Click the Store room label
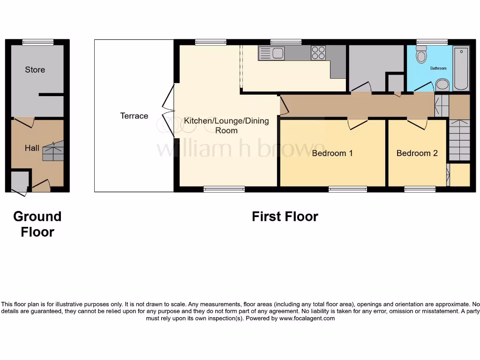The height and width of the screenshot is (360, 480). click(x=35, y=70)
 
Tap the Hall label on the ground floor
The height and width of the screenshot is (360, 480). click(x=32, y=148)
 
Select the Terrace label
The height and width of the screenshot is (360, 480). click(x=134, y=116)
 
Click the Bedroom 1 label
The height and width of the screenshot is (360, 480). click(x=332, y=153)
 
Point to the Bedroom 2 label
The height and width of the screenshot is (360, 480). click(x=417, y=153)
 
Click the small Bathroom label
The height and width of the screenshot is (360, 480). click(x=438, y=68)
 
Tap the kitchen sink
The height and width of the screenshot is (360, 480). click(x=271, y=53)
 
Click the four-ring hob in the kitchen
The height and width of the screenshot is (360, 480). click(x=318, y=52)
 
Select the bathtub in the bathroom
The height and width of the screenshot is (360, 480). click(x=461, y=68)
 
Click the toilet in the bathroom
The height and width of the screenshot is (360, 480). click(x=421, y=55)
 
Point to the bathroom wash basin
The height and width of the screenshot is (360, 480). click(x=442, y=85)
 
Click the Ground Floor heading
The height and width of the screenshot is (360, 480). click(x=37, y=224)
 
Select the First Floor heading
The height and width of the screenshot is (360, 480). click(x=285, y=217)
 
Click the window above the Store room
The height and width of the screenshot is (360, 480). click(x=37, y=42)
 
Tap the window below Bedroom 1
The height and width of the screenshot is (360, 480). click(x=347, y=189)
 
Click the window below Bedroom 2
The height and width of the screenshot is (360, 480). click(x=420, y=189)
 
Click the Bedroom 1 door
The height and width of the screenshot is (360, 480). click(x=357, y=124)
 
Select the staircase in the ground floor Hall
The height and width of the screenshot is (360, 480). click(x=52, y=151)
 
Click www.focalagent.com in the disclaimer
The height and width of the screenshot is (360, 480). click(x=307, y=318)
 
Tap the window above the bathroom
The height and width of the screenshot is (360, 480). click(x=432, y=42)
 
